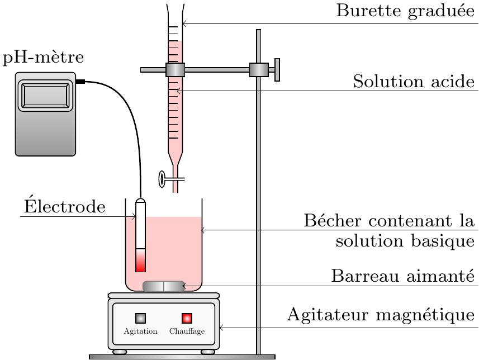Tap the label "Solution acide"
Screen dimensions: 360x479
click(x=414, y=82)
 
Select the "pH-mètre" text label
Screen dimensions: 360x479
click(x=43, y=58)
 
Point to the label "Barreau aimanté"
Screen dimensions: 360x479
click(x=402, y=277)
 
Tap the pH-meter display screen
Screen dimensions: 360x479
click(x=45, y=95)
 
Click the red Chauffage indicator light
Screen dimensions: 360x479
click(x=187, y=318)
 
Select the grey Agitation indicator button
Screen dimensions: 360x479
click(x=141, y=318)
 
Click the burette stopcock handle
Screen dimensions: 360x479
click(x=163, y=179)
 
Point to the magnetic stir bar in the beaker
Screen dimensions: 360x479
click(x=164, y=286)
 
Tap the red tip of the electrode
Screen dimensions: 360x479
click(x=140, y=260)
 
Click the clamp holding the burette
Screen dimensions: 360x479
click(x=175, y=70)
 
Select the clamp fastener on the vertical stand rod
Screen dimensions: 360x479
click(x=258, y=70)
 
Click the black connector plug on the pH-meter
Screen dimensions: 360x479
click(x=80, y=82)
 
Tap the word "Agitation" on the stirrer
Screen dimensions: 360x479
click(x=140, y=331)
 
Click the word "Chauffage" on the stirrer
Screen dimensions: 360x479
click(x=187, y=331)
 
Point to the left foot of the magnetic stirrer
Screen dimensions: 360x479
click(x=120, y=352)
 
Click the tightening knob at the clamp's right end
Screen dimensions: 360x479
click(x=277, y=70)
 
